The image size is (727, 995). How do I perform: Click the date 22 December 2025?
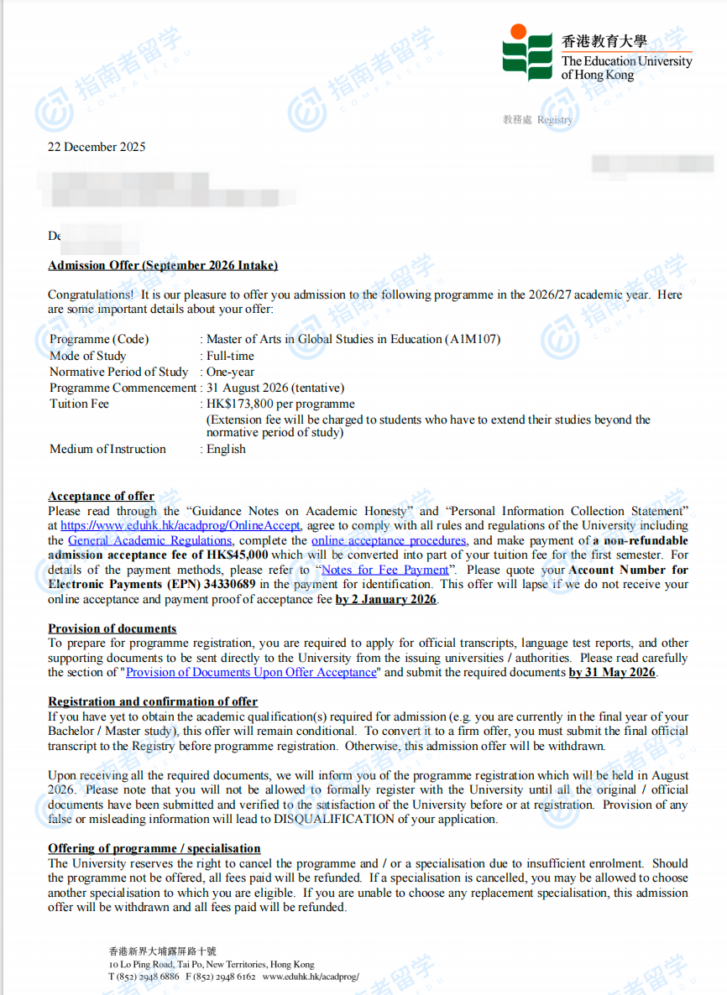97,147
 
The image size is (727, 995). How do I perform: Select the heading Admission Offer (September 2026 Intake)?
163,265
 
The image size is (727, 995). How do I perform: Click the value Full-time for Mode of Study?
231,356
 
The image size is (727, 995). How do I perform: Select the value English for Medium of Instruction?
227,449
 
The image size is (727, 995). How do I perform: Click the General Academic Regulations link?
149,541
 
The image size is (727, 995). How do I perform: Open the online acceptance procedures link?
389,541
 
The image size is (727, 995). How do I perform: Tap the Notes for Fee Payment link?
385,570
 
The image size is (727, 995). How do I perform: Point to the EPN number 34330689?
228,584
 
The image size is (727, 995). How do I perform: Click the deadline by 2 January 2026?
386,599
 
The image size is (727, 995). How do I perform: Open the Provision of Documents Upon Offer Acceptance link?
251,672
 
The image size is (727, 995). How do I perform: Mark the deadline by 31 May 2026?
611,672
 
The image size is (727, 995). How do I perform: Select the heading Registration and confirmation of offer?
153,701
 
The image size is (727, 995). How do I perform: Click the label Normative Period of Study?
119,372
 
